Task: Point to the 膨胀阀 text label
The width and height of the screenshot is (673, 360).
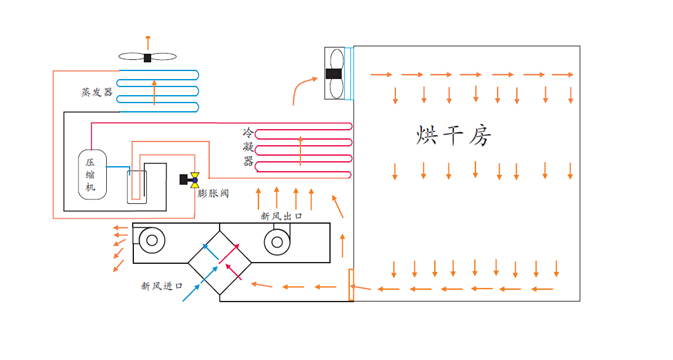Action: tap(213, 193)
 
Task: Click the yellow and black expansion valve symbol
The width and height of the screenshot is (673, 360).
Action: tap(187, 180)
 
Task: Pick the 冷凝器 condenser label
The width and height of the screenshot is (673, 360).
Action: tap(248, 147)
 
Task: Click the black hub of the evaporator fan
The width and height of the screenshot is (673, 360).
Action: tap(147, 57)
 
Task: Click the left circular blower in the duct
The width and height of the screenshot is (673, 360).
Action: tap(153, 240)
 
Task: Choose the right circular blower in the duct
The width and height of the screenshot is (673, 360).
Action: tap(278, 240)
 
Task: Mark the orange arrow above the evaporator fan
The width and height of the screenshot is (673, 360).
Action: tap(147, 40)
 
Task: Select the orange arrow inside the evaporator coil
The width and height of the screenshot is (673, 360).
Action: tap(154, 93)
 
